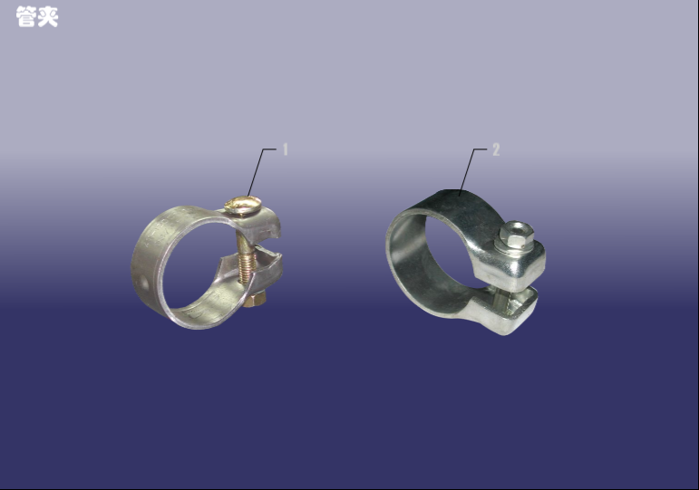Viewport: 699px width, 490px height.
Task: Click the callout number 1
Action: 286,149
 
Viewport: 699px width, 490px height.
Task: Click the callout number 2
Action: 496,149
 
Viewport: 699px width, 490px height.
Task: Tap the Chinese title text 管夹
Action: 37,17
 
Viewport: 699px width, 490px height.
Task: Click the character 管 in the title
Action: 26,17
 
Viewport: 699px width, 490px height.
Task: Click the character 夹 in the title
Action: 48,17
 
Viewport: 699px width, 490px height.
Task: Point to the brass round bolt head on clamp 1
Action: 243,205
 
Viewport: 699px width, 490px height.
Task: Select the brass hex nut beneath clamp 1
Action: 255,300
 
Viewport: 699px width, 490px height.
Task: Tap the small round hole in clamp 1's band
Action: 144,283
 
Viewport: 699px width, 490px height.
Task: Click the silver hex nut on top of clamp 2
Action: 516,234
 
